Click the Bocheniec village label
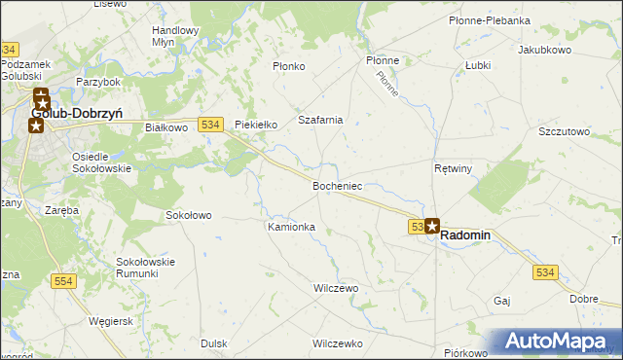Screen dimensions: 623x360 338,185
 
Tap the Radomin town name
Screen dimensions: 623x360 466,235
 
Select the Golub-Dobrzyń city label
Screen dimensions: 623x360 77,113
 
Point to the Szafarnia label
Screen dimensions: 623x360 321,120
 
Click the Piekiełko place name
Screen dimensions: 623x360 257,125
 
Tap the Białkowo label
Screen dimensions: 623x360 165,127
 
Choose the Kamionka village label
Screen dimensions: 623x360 291,227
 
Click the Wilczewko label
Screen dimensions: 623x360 337,343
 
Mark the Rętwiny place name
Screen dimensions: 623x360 453,168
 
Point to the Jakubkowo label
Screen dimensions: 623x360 542,49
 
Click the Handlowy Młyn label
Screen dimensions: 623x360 175,36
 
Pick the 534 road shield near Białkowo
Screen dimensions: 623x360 210,125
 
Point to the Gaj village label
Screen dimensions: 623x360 502,301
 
